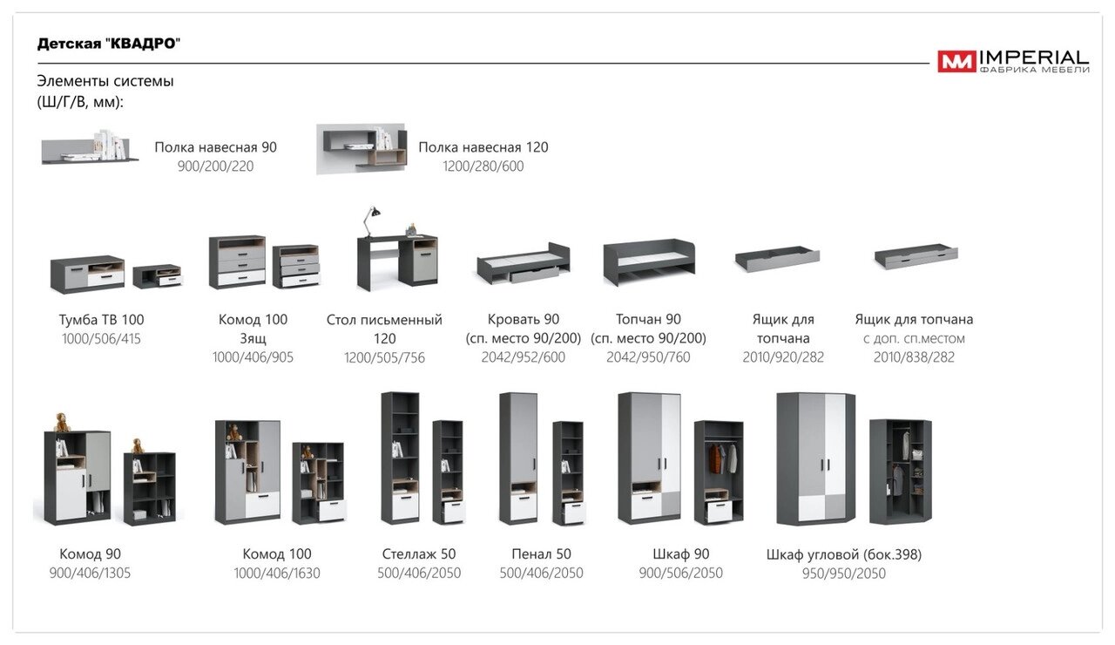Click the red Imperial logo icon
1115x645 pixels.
coord(956,61)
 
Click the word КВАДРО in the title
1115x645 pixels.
coord(147,44)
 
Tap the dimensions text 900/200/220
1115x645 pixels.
coord(215,166)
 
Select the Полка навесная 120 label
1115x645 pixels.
coord(483,147)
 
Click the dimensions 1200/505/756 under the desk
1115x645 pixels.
coord(384,357)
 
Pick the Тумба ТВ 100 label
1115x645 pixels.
coord(101,320)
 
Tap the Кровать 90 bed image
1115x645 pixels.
coord(523,264)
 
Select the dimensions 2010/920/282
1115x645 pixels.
coord(783,357)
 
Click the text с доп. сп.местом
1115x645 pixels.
coord(914,338)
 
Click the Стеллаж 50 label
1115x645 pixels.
coord(419,554)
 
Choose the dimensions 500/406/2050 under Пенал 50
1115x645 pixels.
coord(541,574)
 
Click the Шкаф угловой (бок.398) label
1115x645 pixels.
coord(843,554)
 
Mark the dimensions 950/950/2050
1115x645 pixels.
coord(843,574)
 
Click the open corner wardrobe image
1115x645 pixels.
coord(900,471)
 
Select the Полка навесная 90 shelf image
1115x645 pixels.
coord(90,147)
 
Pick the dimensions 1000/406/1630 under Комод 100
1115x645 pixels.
coord(277,574)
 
